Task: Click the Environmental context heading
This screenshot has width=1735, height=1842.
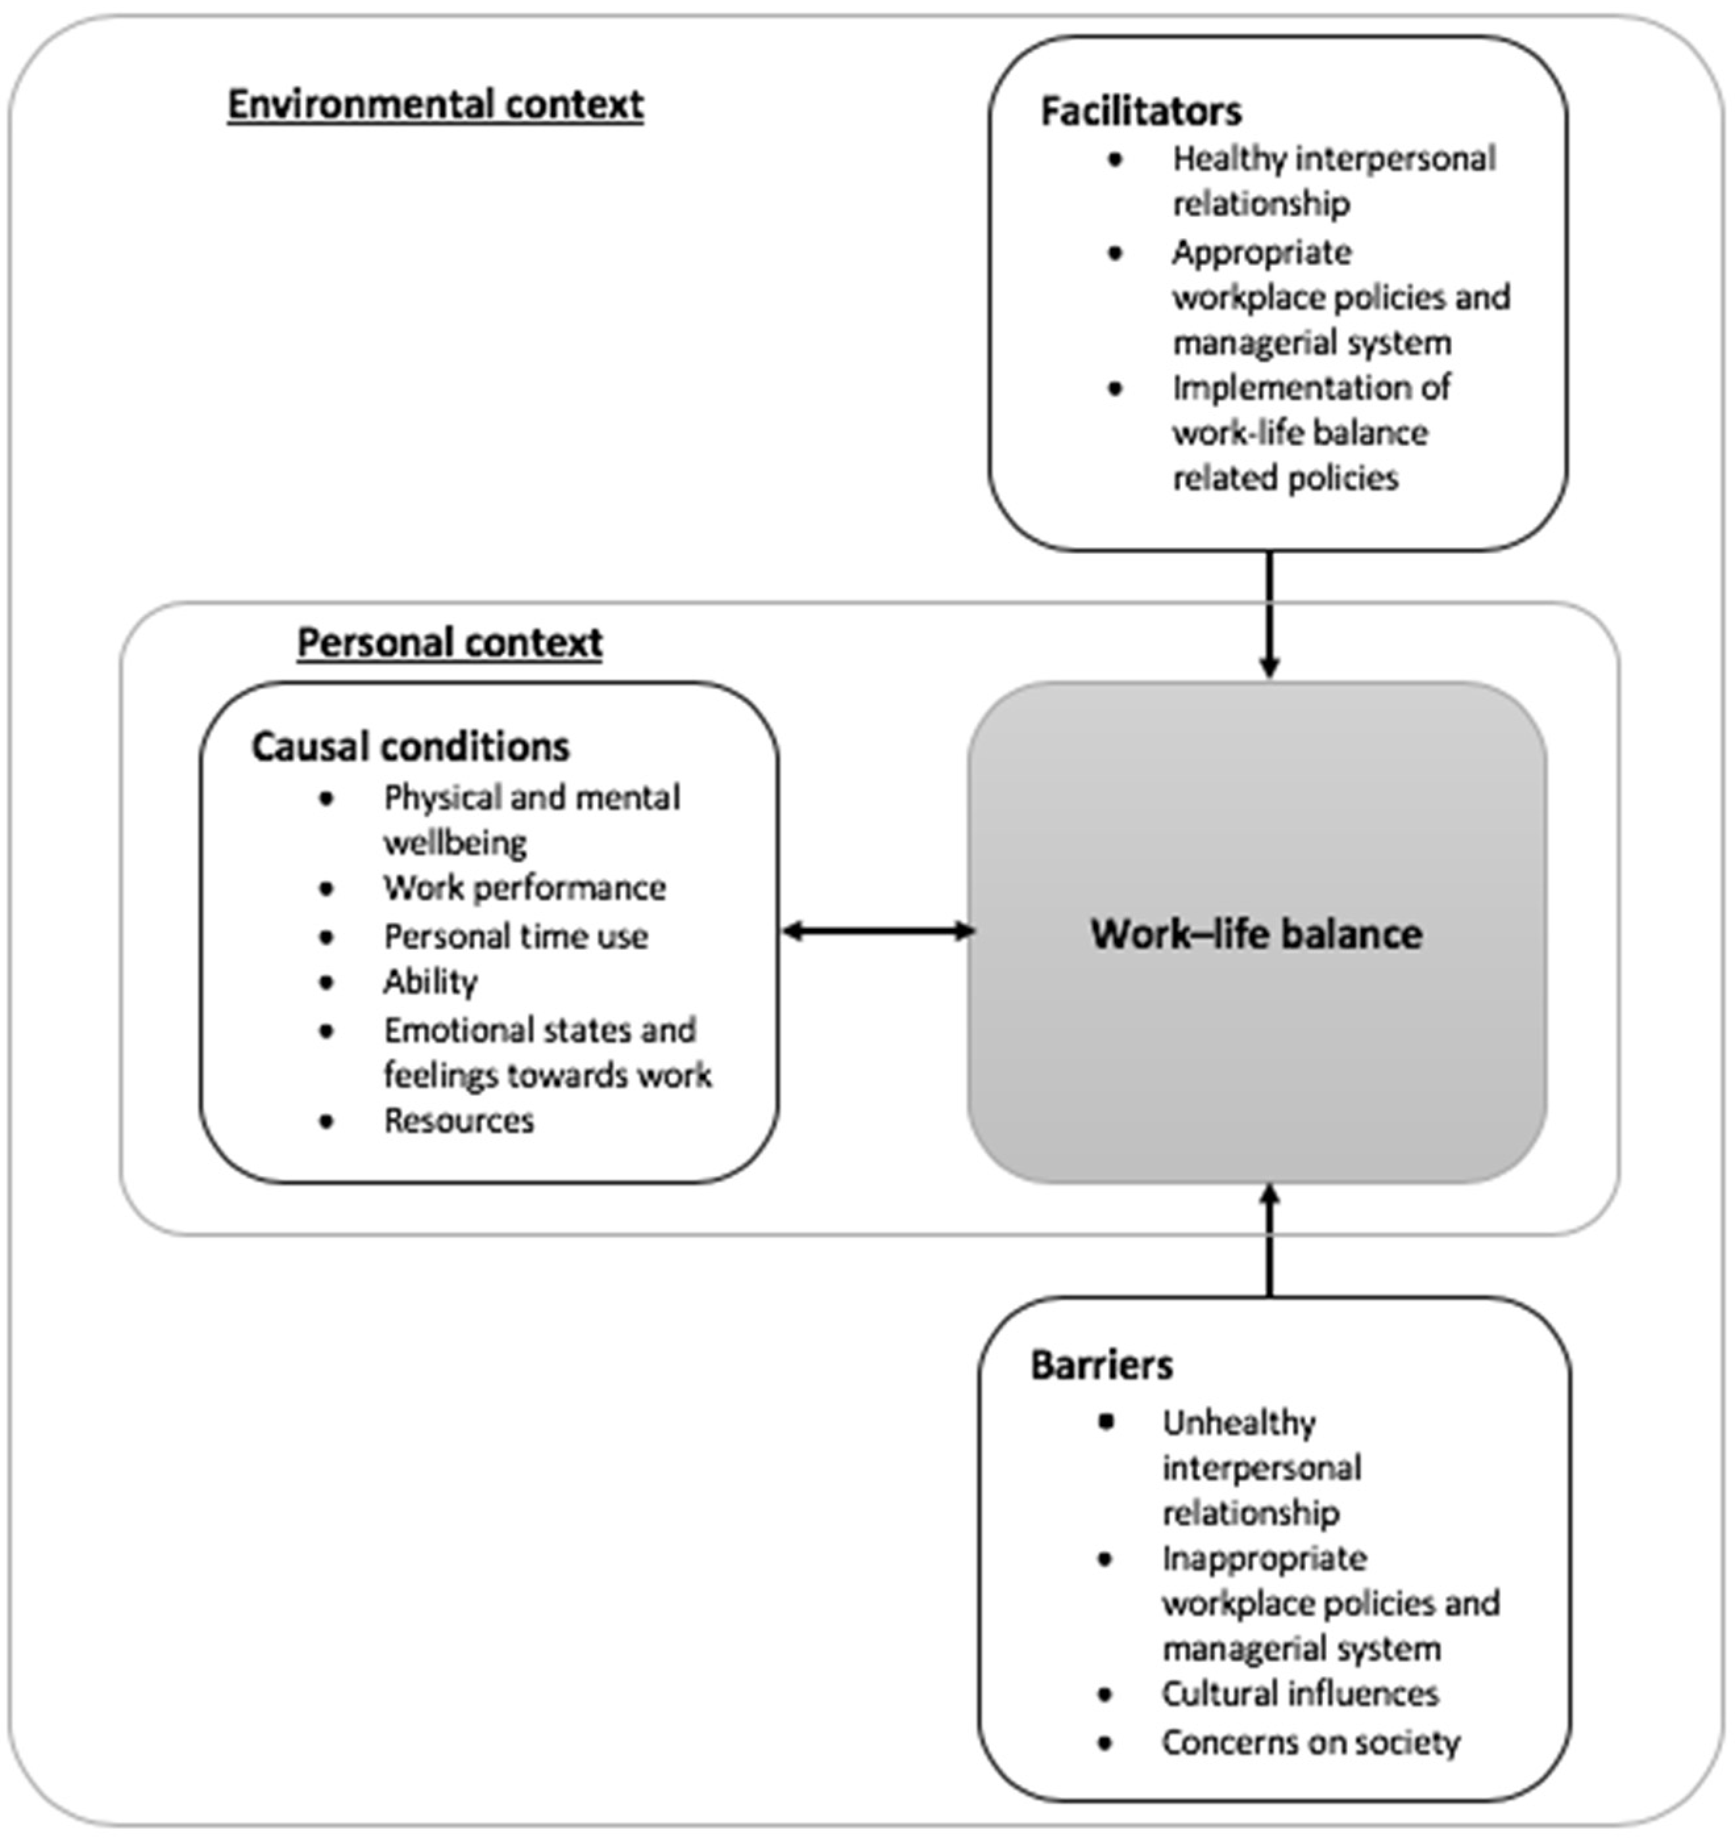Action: (436, 104)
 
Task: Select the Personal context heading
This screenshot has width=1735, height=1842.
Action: (450, 642)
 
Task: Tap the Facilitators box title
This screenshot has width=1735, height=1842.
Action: (1141, 111)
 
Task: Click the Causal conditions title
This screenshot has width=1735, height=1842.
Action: (411, 747)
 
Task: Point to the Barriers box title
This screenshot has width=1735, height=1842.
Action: (1101, 1365)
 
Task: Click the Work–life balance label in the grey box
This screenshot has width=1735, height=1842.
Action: (1256, 934)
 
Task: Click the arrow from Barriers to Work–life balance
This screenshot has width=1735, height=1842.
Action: (1269, 1241)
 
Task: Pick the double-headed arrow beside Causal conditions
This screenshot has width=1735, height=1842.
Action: (877, 931)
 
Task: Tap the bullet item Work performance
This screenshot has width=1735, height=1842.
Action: (525, 887)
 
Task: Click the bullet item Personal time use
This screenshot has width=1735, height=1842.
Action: (515, 936)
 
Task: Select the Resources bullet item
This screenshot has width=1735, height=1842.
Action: (459, 1121)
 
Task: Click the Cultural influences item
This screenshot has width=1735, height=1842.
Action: (1299, 1694)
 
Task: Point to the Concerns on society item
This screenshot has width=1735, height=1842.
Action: (1310, 1742)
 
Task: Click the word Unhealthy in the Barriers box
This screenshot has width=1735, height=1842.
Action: (1239, 1423)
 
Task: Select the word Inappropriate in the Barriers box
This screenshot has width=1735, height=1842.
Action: (1264, 1558)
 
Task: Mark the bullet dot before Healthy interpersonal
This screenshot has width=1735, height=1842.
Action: (1115, 159)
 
